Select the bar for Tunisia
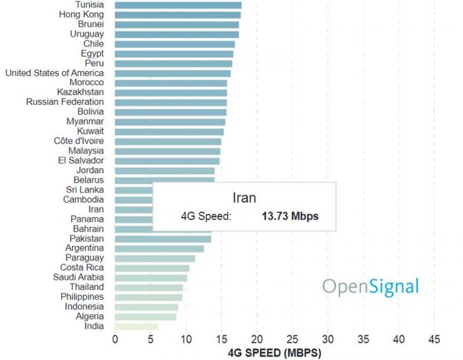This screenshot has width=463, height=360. click(x=178, y=5)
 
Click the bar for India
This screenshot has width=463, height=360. click(x=136, y=326)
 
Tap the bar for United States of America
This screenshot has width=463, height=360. click(x=172, y=73)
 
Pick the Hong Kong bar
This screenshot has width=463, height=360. click(x=177, y=14)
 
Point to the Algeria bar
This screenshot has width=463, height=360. click(x=145, y=317)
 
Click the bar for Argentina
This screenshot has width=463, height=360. click(x=159, y=248)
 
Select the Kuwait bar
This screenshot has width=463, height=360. click(x=169, y=131)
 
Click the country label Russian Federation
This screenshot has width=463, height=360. click(x=65, y=102)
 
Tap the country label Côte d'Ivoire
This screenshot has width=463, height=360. click(x=78, y=141)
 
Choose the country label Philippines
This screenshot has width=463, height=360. click(x=82, y=297)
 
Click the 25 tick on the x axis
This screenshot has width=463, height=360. click(x=292, y=339)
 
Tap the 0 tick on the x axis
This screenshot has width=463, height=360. click(x=115, y=339)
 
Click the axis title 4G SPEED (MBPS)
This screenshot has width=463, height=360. click(x=274, y=352)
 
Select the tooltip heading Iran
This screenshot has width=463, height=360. click(x=244, y=198)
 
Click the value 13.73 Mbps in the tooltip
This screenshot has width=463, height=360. click(x=289, y=215)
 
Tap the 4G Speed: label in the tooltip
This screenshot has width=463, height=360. click(x=206, y=215)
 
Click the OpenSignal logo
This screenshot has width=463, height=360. click(x=370, y=286)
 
